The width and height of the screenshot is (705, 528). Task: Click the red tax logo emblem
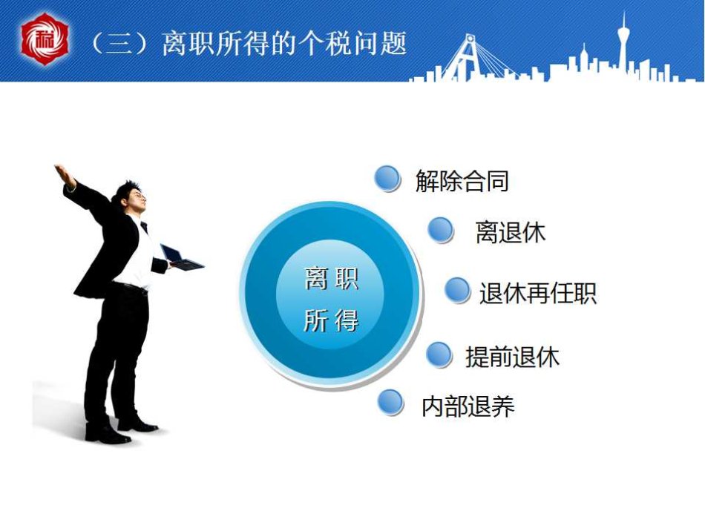[45, 39]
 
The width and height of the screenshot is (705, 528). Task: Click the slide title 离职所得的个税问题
[284, 44]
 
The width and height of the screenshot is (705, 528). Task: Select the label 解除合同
[462, 181]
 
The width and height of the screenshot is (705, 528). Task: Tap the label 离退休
[511, 232]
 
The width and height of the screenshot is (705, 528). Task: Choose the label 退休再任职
[538, 294]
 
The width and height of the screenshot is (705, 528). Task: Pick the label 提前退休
[512, 357]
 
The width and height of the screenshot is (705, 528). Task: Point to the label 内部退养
[468, 406]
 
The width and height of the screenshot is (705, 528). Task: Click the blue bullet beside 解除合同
[387, 179]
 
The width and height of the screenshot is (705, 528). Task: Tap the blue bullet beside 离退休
[441, 230]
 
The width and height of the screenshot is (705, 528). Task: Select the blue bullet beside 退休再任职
[458, 290]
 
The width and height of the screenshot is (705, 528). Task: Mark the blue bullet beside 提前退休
[439, 354]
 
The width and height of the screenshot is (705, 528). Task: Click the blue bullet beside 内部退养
[390, 402]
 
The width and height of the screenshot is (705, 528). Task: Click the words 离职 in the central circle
[332, 278]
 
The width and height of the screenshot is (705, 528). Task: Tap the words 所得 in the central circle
[332, 320]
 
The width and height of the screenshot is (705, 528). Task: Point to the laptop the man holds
[182, 258]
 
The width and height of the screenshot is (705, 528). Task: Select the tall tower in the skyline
[623, 45]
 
